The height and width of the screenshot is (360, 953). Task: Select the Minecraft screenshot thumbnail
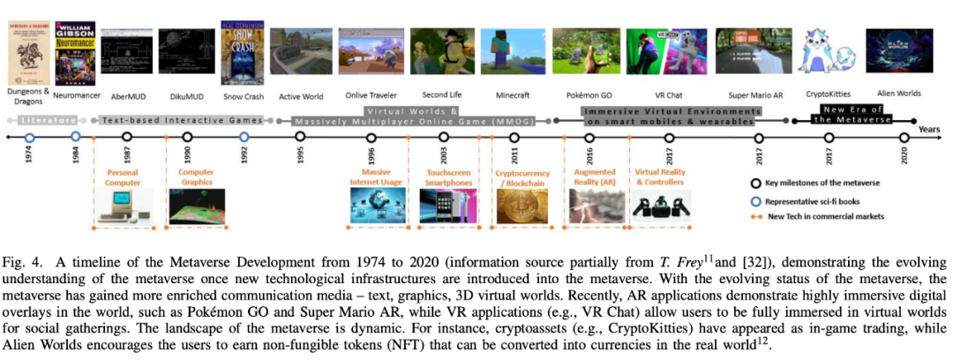coord(513,50)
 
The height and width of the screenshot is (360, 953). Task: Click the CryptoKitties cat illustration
coord(829,52)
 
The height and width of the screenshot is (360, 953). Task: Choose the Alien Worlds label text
coord(899,92)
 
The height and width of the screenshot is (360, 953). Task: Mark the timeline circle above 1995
coord(300,137)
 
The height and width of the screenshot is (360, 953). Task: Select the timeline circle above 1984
coord(76,137)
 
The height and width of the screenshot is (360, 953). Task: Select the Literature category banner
coord(44,118)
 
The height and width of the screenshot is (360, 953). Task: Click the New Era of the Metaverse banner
coord(839,114)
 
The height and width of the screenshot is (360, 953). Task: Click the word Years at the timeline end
coord(929,129)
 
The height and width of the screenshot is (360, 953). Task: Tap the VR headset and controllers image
coord(655,206)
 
